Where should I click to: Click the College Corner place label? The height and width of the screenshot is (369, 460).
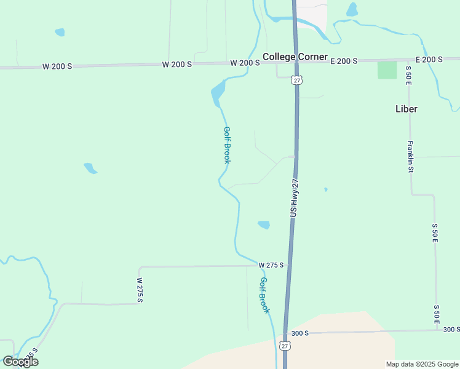295,57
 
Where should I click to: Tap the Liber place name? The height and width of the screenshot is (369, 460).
406,109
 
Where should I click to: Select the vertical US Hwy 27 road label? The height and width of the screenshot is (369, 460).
294,197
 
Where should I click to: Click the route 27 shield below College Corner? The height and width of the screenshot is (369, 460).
297,81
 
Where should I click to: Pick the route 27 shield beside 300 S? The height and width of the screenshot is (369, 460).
285,346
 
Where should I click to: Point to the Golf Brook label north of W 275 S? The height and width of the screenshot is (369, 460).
227,145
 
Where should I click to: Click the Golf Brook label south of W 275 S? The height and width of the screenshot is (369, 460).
264,295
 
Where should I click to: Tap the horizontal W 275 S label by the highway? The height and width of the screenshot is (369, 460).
271,265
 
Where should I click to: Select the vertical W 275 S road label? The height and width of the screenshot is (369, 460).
140,289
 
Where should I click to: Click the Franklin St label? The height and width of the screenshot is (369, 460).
410,156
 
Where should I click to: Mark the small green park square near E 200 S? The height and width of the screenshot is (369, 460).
387,69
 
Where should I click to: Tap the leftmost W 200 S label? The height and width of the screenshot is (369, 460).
57,66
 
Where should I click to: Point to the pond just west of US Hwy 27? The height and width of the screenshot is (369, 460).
264,224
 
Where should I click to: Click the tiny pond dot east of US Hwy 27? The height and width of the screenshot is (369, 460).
325,189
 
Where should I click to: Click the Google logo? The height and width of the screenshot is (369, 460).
20,361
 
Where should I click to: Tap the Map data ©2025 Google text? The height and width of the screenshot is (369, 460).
421,364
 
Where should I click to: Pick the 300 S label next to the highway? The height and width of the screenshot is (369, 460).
299,333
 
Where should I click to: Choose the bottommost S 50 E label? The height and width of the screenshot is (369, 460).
437,314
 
